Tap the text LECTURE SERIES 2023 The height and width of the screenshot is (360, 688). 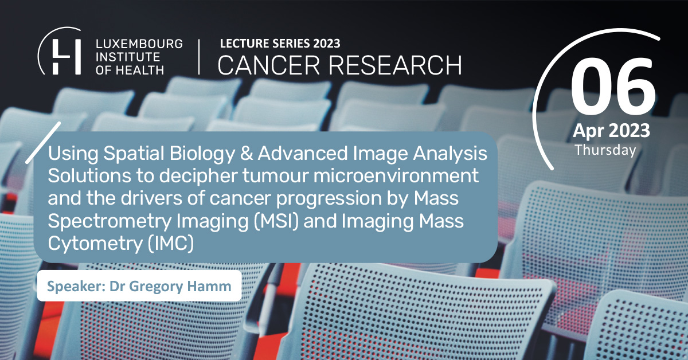point(279,44)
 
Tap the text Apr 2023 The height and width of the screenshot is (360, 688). point(611,131)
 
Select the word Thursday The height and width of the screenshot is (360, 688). point(605,150)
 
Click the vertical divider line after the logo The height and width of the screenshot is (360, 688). point(199,57)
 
